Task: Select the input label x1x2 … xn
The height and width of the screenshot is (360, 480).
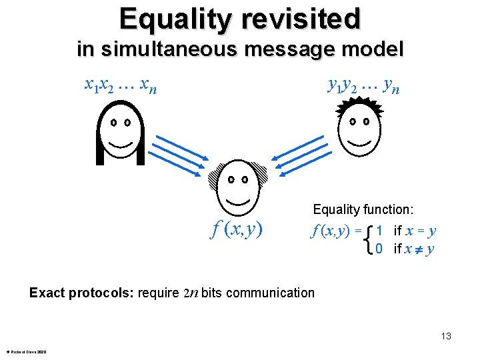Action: (x=121, y=85)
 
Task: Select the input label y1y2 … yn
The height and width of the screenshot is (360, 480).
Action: (x=363, y=85)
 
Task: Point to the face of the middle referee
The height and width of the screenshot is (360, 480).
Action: (x=237, y=187)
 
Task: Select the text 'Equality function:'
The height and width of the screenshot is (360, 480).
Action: (x=364, y=210)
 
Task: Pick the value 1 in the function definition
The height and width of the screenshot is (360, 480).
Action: (x=379, y=231)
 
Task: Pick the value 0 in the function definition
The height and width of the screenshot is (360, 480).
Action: (x=379, y=249)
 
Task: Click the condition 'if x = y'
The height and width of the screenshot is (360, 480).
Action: (x=415, y=231)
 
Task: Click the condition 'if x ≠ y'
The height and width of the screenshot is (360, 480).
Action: (x=414, y=249)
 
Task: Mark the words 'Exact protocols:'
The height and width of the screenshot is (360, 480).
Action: (x=81, y=293)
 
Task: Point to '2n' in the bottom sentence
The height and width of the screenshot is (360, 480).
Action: (x=190, y=293)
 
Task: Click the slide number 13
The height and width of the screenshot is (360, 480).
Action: (x=445, y=336)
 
